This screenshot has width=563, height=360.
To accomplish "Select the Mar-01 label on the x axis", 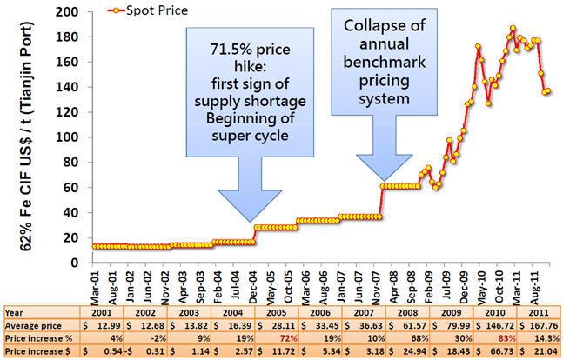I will click(97, 282).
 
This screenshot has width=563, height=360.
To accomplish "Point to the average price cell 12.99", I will click(110, 323).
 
